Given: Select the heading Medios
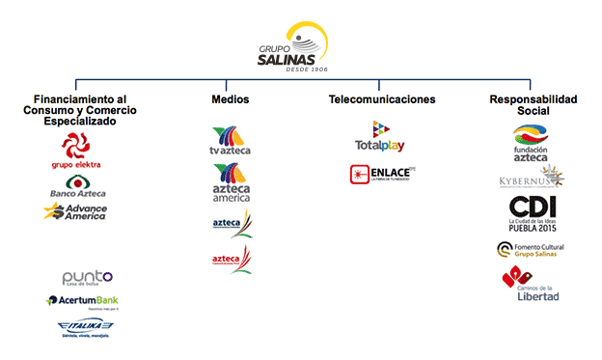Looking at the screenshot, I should click(230, 99).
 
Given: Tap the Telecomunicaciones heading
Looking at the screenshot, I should click(381, 99).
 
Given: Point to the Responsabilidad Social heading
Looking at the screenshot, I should click(534, 105).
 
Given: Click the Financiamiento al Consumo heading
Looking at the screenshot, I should click(81, 110).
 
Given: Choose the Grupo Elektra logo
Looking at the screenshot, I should click(75, 152).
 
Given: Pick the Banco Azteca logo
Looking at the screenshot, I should click(76, 187).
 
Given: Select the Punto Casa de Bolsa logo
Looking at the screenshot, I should click(87, 279).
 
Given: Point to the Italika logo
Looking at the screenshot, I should click(83, 329).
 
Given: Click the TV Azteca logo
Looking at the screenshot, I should click(230, 141).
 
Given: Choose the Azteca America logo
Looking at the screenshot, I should click(230, 182).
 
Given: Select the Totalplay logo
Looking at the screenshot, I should click(381, 136).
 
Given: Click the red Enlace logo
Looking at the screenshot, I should click(381, 175).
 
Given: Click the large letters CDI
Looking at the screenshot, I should click(533, 208).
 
